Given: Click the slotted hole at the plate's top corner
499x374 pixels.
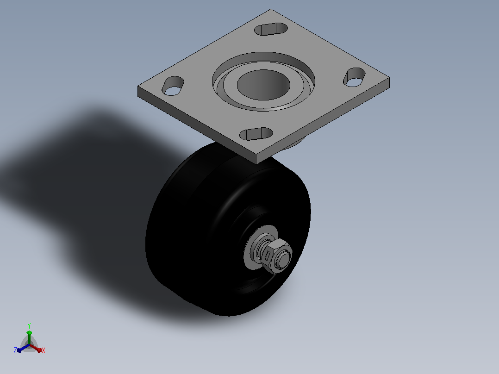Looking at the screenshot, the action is [x=271, y=29].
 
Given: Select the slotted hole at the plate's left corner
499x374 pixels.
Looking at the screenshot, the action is [x=173, y=86].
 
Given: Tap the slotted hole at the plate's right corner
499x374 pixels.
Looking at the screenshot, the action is [x=354, y=77].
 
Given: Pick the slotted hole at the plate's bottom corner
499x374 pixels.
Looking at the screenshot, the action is [x=256, y=134].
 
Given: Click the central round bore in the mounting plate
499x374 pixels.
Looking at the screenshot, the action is [x=263, y=85].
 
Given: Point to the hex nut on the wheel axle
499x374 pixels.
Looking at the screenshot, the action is [x=276, y=256].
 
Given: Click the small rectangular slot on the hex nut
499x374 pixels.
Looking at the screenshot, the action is [x=268, y=256].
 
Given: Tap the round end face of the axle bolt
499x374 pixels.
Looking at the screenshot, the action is [x=284, y=257].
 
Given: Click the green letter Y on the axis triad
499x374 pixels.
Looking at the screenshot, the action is [x=29, y=326].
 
